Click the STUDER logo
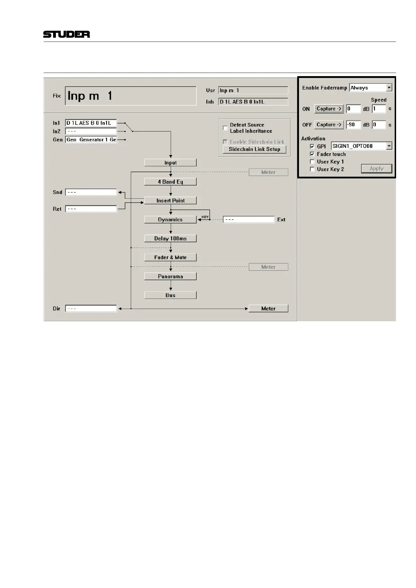coord(66,34)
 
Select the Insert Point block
coord(170,200)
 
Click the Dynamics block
coord(170,220)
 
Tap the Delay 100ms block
coord(170,238)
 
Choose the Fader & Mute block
coord(170,257)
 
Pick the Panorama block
coord(170,277)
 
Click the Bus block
coord(170,295)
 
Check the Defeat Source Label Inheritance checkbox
coord(225,128)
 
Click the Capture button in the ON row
coord(329,109)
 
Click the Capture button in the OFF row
coord(329,125)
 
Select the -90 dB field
coord(353,125)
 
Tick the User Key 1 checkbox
coord(312,162)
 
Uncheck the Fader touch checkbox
coord(312,154)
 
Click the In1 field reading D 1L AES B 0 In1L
coord(91,123)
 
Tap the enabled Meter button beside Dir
coord(268,309)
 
